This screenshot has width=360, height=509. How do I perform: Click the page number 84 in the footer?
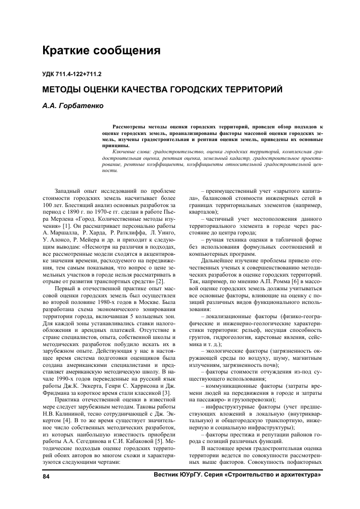[x=46, y=477]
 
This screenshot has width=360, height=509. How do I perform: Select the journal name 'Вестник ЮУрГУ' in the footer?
[x=177, y=476]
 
